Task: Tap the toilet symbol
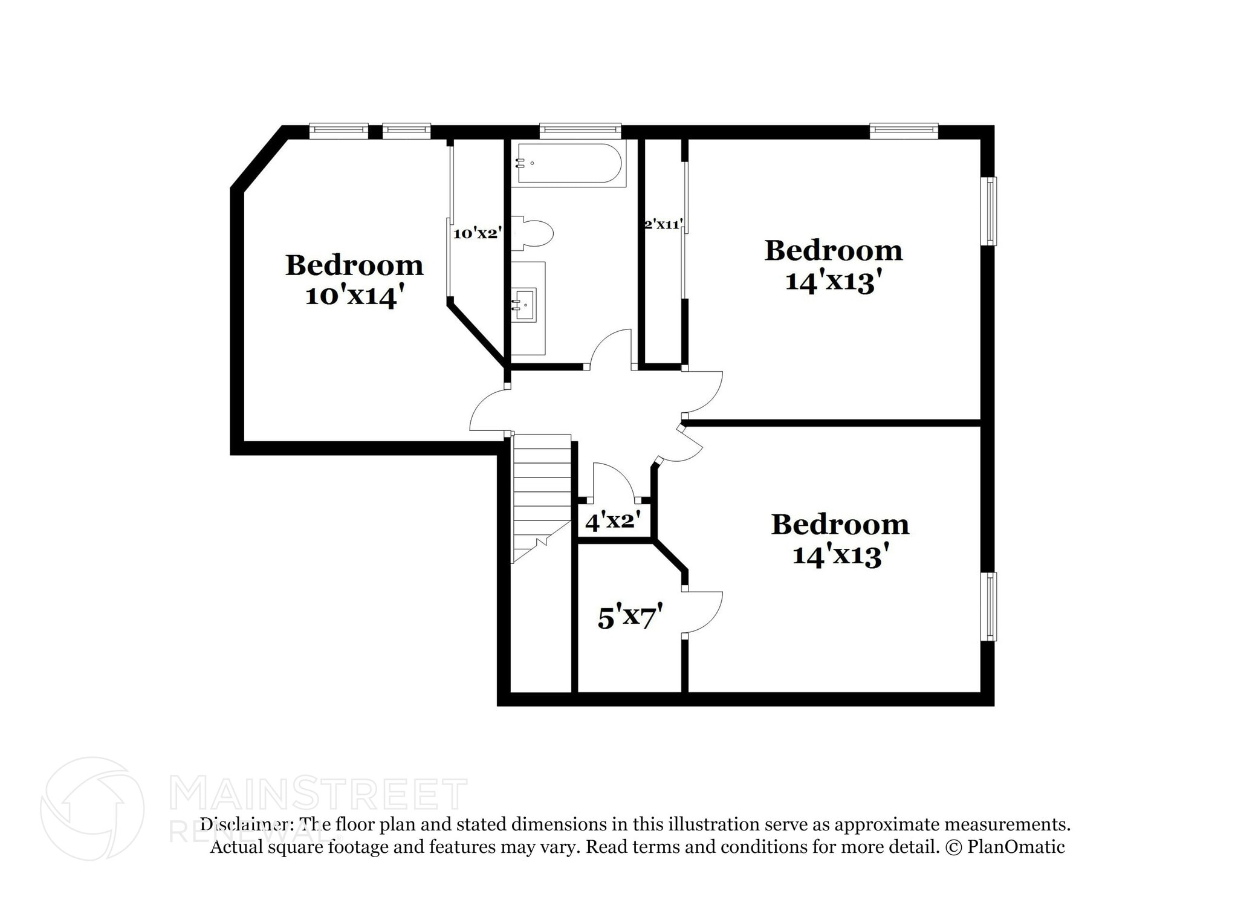pyautogui.click(x=534, y=233)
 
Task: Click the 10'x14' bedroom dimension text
pyautogui.click(x=354, y=296)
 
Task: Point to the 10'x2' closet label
pyautogui.click(x=478, y=233)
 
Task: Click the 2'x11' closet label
pyautogui.click(x=664, y=225)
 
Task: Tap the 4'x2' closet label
pyautogui.click(x=612, y=520)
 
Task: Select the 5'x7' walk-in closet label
pyautogui.click(x=630, y=617)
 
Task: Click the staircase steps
pyautogui.click(x=542, y=484)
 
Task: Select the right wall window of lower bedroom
pyautogui.click(x=988, y=606)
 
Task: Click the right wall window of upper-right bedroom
pyautogui.click(x=988, y=211)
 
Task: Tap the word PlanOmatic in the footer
pyautogui.click(x=1016, y=847)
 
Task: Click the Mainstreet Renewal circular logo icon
pyautogui.click(x=92, y=808)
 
